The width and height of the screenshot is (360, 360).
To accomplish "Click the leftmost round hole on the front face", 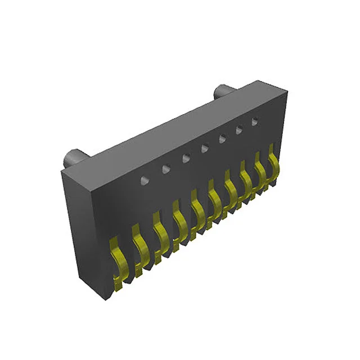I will pos(145,180).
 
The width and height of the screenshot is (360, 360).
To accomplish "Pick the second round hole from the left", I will pos(166,169).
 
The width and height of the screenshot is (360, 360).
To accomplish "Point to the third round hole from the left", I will pos(186,159).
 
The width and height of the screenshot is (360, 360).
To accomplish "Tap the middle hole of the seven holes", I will pos(205,148).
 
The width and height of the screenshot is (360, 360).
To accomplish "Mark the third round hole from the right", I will pos(222,139).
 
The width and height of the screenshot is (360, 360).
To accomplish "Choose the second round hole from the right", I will pos(239,130).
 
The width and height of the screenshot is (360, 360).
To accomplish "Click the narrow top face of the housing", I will pos(169,127).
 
